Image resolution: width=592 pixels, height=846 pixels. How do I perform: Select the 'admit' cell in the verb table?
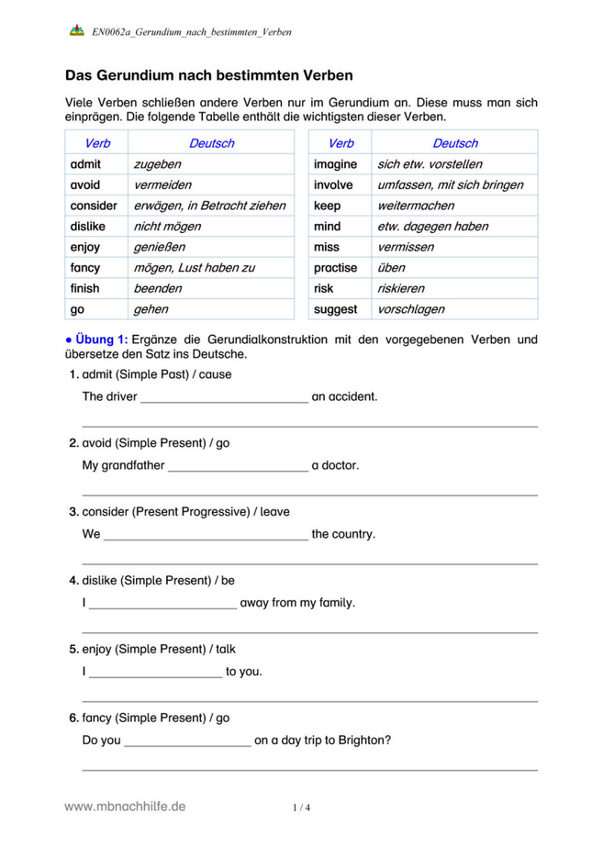85,164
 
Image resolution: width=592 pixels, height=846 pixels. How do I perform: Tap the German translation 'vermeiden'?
162,184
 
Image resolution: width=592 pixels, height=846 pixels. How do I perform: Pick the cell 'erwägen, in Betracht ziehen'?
209,206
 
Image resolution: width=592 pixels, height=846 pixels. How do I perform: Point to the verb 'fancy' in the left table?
85,268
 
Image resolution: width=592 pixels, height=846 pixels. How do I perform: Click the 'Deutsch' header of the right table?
454,143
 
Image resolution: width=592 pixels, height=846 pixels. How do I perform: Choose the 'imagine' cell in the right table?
336,164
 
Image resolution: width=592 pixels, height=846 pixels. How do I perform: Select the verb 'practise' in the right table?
335,268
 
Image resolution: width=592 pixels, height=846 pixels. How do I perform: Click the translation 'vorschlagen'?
411,309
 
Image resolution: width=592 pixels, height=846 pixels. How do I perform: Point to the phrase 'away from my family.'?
296,603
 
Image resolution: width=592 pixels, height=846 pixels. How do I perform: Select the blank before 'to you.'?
156,673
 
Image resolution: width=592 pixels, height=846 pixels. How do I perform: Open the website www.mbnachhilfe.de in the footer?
125,807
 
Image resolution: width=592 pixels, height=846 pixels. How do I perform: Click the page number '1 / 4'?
302,808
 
